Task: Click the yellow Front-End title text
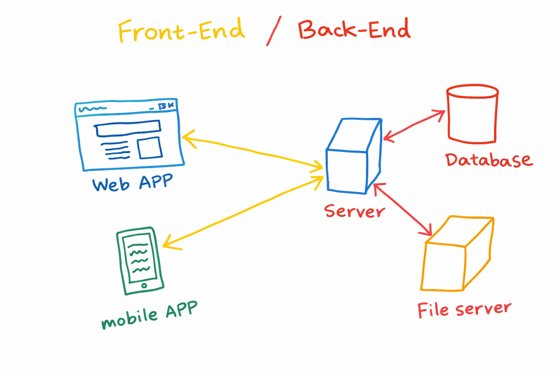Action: [181, 31]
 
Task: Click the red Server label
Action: [355, 211]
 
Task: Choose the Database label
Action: [488, 160]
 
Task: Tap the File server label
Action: [464, 309]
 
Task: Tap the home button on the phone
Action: [144, 285]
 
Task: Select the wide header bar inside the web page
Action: [128, 128]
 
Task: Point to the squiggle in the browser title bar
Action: [92, 109]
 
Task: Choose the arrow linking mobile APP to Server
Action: [244, 211]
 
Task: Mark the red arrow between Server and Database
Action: [414, 124]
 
